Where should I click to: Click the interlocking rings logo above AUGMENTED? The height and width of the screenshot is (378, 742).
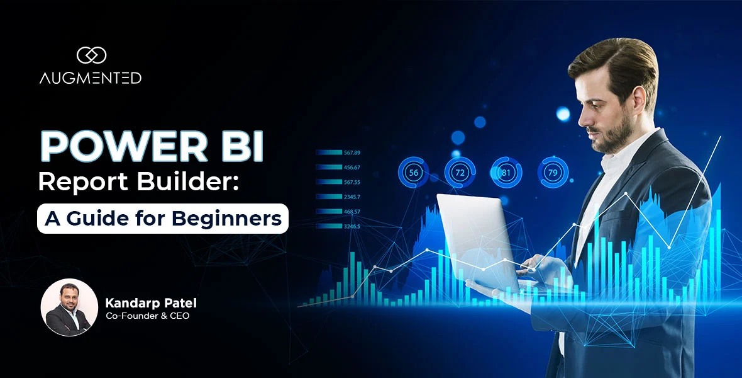coord(91,55)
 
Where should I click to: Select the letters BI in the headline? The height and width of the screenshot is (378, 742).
coord(241,147)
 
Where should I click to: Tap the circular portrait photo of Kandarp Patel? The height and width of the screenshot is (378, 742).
coord(69,307)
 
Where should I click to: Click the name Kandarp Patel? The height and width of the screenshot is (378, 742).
coord(151,303)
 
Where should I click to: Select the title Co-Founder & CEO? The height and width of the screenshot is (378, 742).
coord(147,316)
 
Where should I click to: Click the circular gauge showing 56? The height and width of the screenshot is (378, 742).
coord(414,172)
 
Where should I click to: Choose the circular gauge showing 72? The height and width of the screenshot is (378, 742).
coord(460,172)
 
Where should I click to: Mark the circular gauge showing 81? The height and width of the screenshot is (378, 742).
coord(506,172)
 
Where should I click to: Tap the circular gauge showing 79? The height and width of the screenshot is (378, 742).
coord(553,172)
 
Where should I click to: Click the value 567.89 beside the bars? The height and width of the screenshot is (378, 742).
coord(352,152)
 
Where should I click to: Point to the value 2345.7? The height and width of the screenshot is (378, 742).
coord(352,197)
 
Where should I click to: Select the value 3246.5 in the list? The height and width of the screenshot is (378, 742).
coord(352,226)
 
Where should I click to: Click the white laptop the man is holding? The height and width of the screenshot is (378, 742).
coord(478,239)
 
